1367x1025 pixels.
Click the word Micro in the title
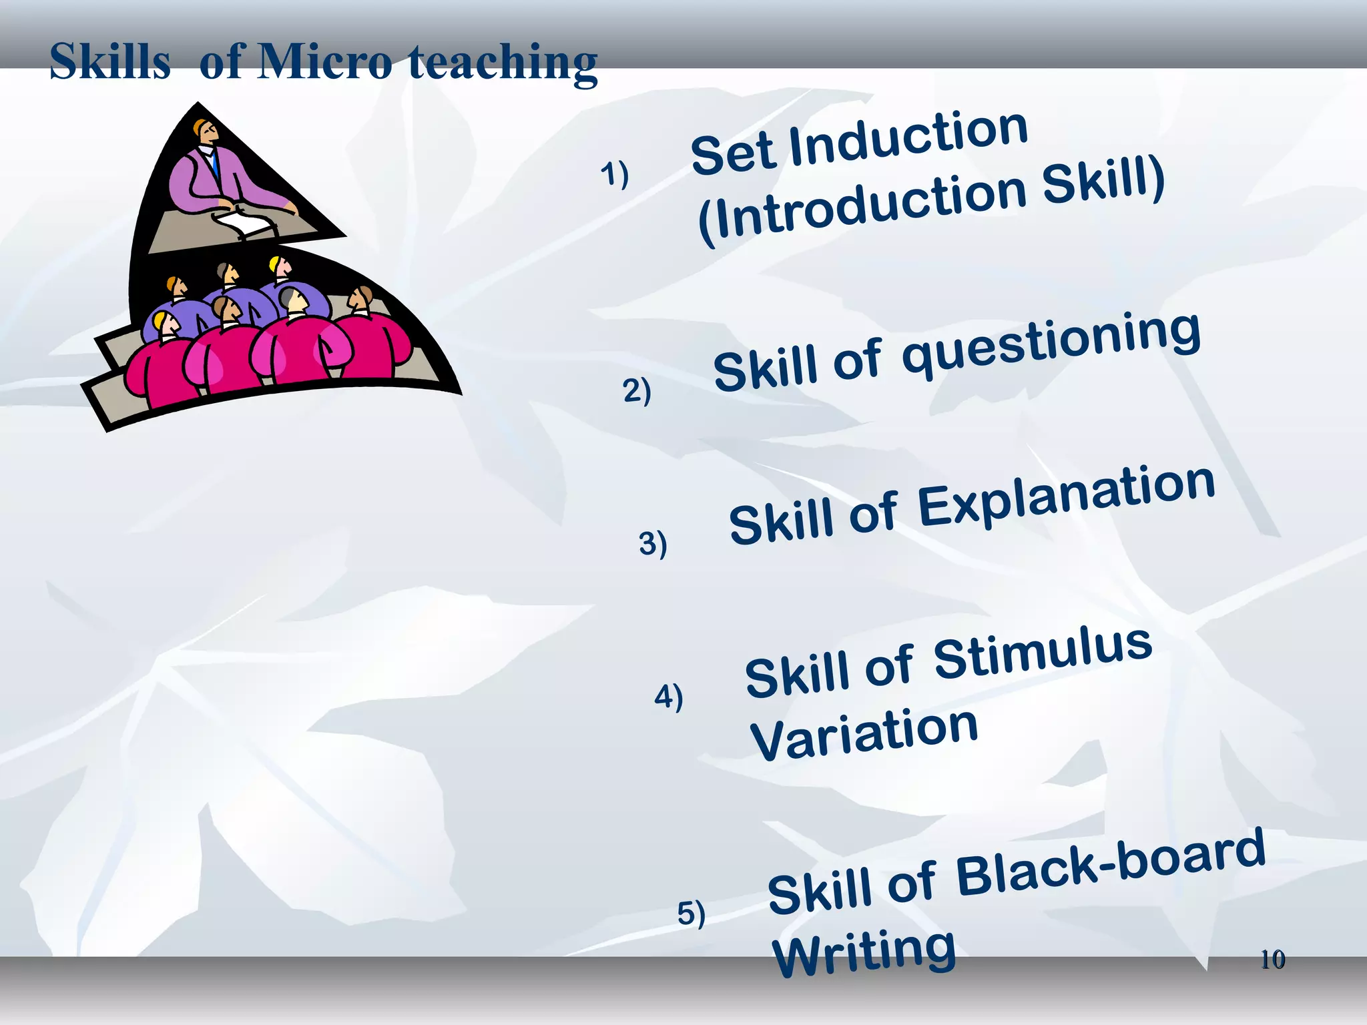tap(325, 61)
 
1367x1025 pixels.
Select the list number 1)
tap(614, 174)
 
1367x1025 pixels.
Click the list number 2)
tap(637, 390)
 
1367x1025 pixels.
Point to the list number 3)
tap(653, 543)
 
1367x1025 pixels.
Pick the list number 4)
tap(669, 697)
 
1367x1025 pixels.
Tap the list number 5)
tap(692, 913)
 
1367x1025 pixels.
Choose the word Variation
tap(864, 733)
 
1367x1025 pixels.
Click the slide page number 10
tap(1272, 960)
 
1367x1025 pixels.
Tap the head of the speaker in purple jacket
tap(206, 131)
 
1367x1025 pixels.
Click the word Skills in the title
tap(110, 61)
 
